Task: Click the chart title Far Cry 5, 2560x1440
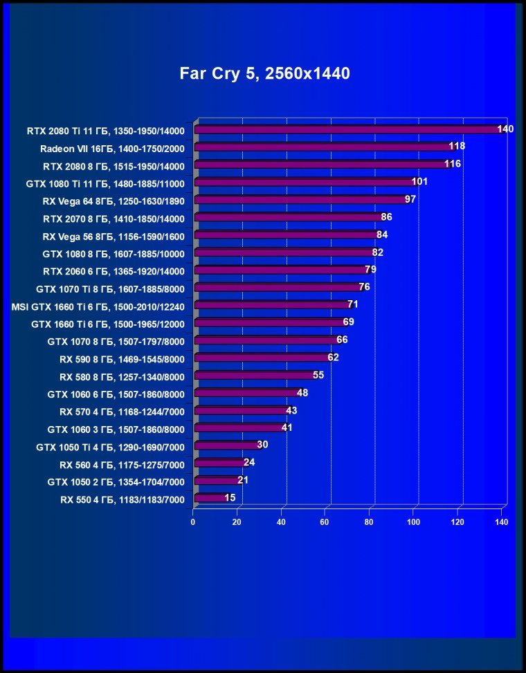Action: click(x=264, y=73)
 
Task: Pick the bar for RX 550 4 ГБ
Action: click(x=210, y=497)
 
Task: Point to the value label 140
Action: click(x=505, y=129)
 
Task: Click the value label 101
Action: click(x=419, y=182)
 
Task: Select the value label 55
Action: click(x=318, y=375)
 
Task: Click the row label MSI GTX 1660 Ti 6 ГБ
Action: click(x=98, y=305)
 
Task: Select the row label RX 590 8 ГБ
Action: click(x=122, y=358)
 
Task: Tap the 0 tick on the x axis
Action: click(x=193, y=522)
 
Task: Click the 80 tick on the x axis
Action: click(x=370, y=522)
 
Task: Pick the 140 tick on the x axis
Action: click(x=501, y=522)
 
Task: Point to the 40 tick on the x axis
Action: click(x=281, y=522)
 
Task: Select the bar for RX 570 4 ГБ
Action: click(x=242, y=410)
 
